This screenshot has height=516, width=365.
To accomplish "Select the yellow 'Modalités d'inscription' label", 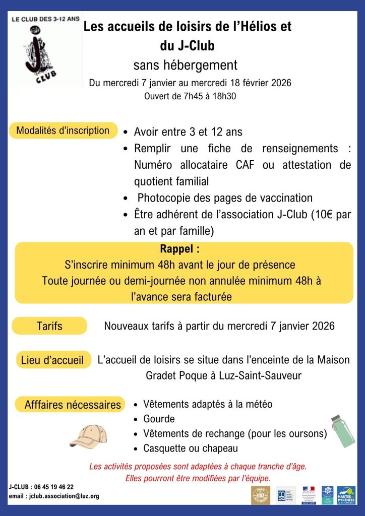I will point(63,131).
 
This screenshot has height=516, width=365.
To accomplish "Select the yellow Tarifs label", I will point(49,326).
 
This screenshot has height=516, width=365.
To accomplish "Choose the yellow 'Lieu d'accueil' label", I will point(52,360).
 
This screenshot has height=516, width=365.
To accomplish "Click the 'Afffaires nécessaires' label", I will point(73,405).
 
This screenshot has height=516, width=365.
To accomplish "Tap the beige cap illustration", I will point(88,436).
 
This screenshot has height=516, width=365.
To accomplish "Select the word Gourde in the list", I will point(159,419).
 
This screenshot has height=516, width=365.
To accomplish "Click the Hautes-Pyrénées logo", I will point(346,495).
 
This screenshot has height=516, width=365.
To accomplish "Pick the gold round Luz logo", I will point(260,495).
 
